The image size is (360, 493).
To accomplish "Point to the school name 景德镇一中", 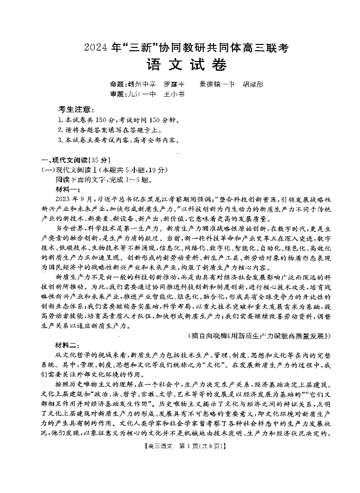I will (217, 84).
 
